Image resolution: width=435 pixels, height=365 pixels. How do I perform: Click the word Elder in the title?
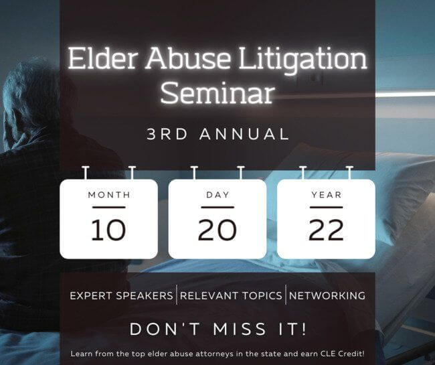coord(103,59)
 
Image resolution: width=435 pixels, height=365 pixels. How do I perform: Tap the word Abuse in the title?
coord(188,59)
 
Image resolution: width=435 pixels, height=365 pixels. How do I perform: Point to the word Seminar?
coord(217,92)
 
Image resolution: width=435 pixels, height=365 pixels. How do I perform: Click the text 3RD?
coord(167,134)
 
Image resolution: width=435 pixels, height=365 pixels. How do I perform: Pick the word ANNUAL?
coord(244,134)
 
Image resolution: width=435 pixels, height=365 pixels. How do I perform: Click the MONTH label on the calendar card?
coord(109,195)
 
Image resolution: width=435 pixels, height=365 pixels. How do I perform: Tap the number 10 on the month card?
coord(108,230)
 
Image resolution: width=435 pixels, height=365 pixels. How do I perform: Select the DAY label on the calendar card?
coord(217,195)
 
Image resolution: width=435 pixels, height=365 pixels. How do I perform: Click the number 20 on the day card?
coord(217,230)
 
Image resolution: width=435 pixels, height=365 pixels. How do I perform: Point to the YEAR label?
coord(327,195)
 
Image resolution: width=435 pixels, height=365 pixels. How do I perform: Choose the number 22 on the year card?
coord(327,230)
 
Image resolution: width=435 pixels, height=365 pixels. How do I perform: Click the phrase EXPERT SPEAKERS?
coord(122,295)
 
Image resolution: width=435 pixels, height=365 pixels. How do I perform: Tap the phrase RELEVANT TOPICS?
coord(231,295)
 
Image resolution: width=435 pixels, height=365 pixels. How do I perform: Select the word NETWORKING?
coord(327,295)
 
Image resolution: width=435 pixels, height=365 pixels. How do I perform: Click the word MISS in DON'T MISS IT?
coord(240,330)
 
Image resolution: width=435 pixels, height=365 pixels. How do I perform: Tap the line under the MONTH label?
coord(109,207)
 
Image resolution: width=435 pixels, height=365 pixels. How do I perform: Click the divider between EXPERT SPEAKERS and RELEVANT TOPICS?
coord(177,295)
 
